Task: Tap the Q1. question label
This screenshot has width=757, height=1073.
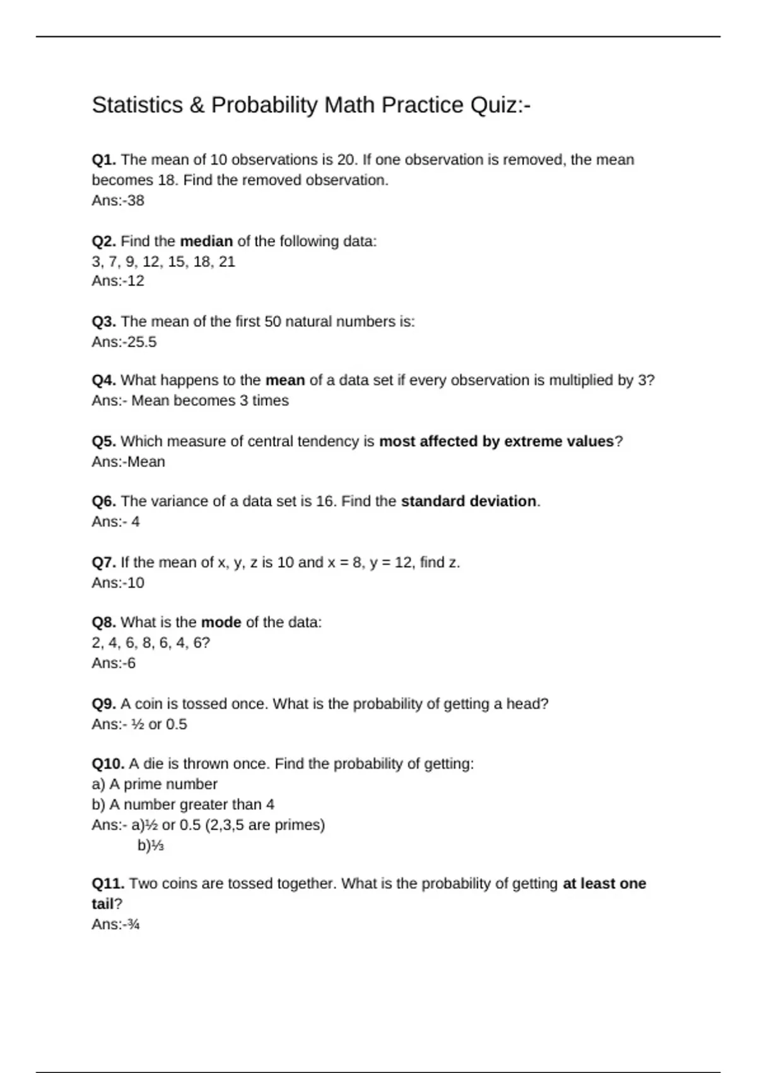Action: click(x=103, y=160)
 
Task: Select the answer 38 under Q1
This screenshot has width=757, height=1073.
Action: click(x=136, y=201)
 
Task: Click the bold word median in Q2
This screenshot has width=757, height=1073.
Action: click(x=206, y=241)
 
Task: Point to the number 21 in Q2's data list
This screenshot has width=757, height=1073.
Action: click(x=226, y=262)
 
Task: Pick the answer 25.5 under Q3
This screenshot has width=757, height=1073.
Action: click(x=142, y=342)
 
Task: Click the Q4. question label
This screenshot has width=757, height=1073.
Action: click(x=103, y=380)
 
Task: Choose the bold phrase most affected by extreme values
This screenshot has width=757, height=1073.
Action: click(x=496, y=441)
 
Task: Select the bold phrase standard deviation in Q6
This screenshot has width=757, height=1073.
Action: click(x=469, y=501)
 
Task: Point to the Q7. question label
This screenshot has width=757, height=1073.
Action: click(x=103, y=562)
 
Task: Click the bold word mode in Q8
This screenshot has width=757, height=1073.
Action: click(x=221, y=622)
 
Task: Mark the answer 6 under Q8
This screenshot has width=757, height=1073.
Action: click(x=131, y=663)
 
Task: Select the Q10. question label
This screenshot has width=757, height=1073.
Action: click(x=108, y=764)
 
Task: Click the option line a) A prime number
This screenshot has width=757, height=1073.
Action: click(x=155, y=784)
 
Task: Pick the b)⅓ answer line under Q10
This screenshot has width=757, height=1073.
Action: click(x=151, y=846)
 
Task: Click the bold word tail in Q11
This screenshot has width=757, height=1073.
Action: click(x=102, y=904)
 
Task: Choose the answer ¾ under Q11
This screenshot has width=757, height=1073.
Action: click(x=133, y=925)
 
